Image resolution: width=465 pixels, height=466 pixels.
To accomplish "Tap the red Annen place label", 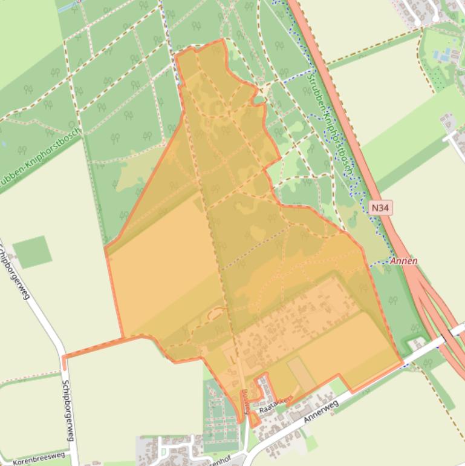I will (x=404, y=261).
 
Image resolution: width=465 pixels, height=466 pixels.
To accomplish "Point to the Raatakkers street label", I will (x=275, y=405).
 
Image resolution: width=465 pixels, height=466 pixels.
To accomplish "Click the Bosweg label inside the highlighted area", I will (x=245, y=401).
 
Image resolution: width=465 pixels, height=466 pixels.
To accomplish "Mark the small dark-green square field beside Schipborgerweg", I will (x=32, y=252).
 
